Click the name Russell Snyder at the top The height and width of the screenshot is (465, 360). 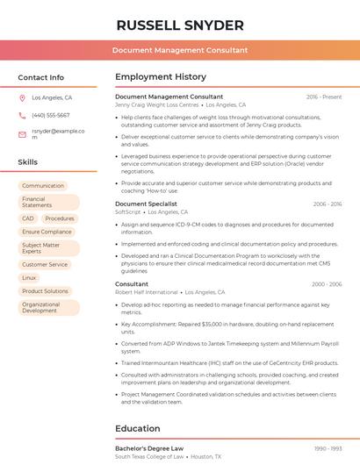coord(180,25)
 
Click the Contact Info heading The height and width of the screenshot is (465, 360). coord(41,77)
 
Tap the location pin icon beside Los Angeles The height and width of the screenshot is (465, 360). coord(22,98)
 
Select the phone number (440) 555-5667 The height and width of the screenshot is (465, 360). coord(51,115)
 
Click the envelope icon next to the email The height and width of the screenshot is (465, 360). coord(22,134)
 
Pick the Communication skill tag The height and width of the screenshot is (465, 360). coord(43,186)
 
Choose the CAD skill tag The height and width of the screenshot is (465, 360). coord(28,218)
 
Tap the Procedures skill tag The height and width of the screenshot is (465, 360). coord(60,218)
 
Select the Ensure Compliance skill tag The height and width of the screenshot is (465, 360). coord(47,232)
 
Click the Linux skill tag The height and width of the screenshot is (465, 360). coord(30,277)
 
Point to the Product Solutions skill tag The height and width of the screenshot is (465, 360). coord(45,290)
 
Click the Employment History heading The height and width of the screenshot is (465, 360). coord(161,77)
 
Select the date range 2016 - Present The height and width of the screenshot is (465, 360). coord(324,97)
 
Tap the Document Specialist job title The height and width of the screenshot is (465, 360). coord(146,204)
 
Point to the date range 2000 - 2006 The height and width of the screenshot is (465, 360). coord(327,284)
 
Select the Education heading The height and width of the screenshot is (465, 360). coord(138,429)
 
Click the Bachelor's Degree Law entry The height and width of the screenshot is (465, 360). coord(149,448)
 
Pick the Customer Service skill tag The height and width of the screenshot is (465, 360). coord(45,264)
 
